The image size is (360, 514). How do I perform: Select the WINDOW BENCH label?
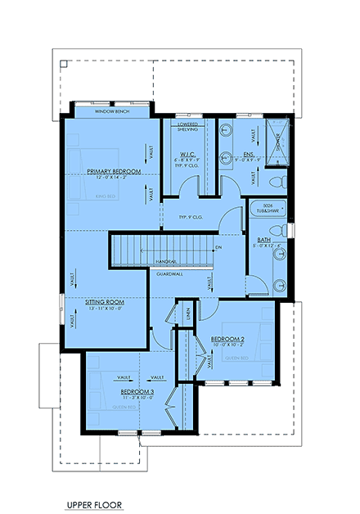[x=112, y=110]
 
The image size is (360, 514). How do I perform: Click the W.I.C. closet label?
[x=186, y=154]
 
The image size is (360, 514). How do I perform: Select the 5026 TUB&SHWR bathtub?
[x=267, y=210]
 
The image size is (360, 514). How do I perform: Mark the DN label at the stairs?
[x=218, y=246]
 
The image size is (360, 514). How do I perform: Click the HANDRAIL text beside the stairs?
[x=164, y=261]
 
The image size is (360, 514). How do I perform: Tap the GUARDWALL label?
[x=169, y=274]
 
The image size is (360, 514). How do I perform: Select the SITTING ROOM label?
[x=105, y=301]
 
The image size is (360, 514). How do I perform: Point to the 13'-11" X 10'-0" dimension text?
[x=105, y=309]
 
